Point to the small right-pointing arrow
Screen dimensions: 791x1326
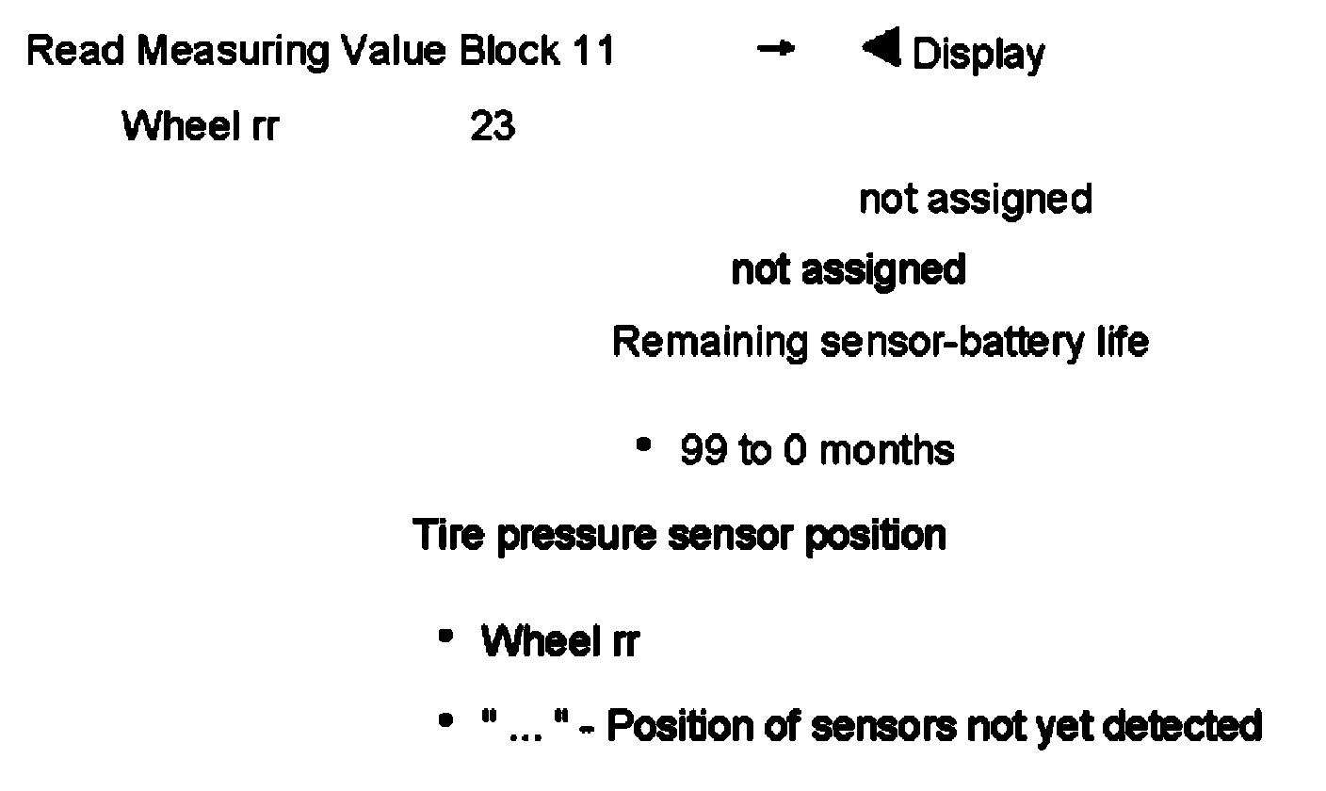click(775, 51)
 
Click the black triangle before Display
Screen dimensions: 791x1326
click(881, 49)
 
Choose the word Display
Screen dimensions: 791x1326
click(978, 55)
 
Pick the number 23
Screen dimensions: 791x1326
click(493, 125)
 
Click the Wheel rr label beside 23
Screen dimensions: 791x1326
click(200, 125)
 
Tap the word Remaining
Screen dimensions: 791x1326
click(710, 342)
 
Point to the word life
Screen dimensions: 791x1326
click(1122, 341)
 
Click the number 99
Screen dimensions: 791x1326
click(703, 451)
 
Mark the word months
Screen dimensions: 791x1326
click(886, 451)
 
